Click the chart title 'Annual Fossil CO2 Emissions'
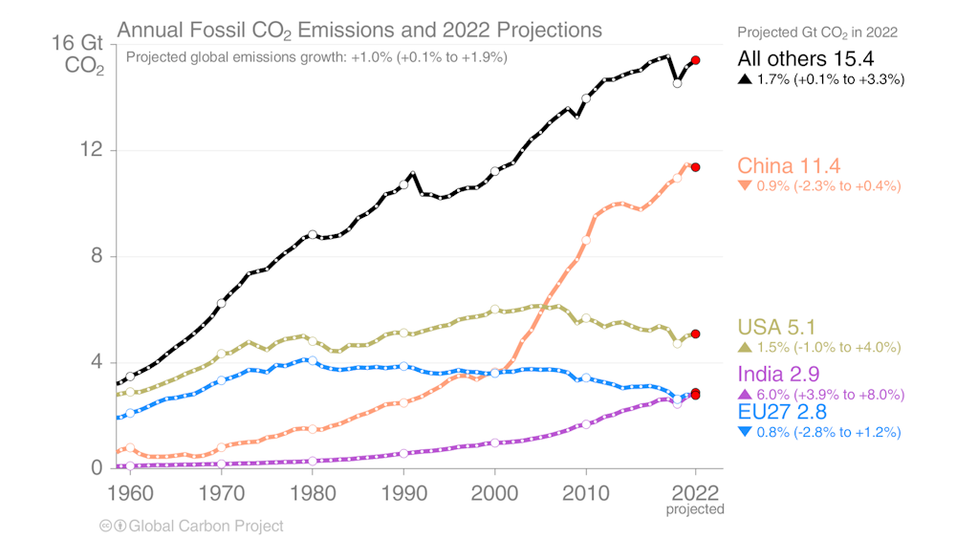coord(359,30)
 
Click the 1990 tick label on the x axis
coord(403,496)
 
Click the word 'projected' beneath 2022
coord(695,510)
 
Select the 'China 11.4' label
coord(789,164)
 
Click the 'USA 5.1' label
coord(776,328)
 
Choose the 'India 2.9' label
coord(778,374)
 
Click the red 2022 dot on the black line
coord(696,60)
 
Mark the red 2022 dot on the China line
coord(696,167)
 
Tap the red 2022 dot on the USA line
coord(696,334)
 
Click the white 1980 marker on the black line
coord(313,234)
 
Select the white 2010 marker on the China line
coord(586,240)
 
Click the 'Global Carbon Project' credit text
coord(206,526)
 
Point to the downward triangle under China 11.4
coord(745,185)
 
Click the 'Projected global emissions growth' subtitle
coord(316,56)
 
